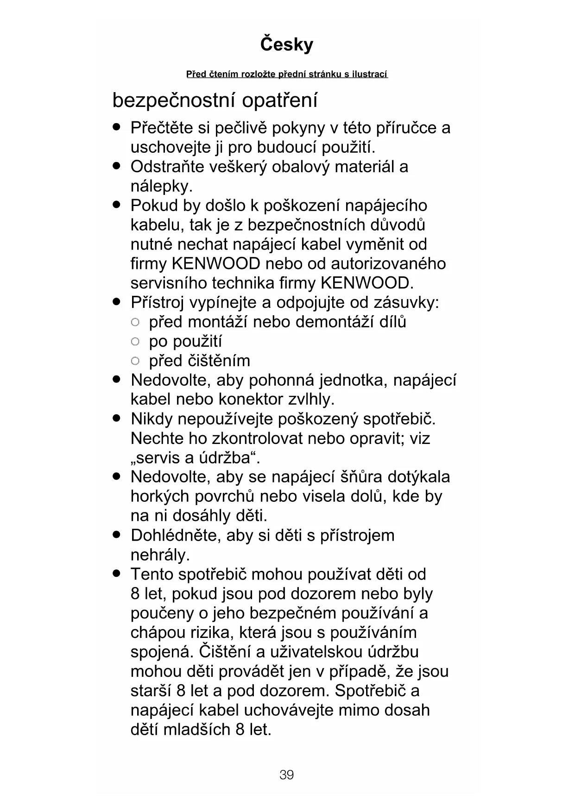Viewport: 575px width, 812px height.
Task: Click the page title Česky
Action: (287, 44)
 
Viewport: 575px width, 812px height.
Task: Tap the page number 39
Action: (287, 775)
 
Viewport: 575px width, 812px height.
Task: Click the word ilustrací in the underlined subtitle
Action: (369, 74)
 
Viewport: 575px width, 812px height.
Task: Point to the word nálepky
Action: (161, 187)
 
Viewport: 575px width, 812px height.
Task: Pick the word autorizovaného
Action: (388, 264)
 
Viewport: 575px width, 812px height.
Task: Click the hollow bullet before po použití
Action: (135, 342)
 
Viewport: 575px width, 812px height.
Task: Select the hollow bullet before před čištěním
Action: (135, 361)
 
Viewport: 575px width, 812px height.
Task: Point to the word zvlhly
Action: (311, 399)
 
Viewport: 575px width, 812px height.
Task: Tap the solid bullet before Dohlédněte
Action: (116, 535)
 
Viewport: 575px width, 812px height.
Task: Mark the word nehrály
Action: (160, 555)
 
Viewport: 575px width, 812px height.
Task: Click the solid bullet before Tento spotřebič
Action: (116, 574)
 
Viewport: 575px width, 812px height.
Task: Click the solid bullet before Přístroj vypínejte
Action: (116, 302)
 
